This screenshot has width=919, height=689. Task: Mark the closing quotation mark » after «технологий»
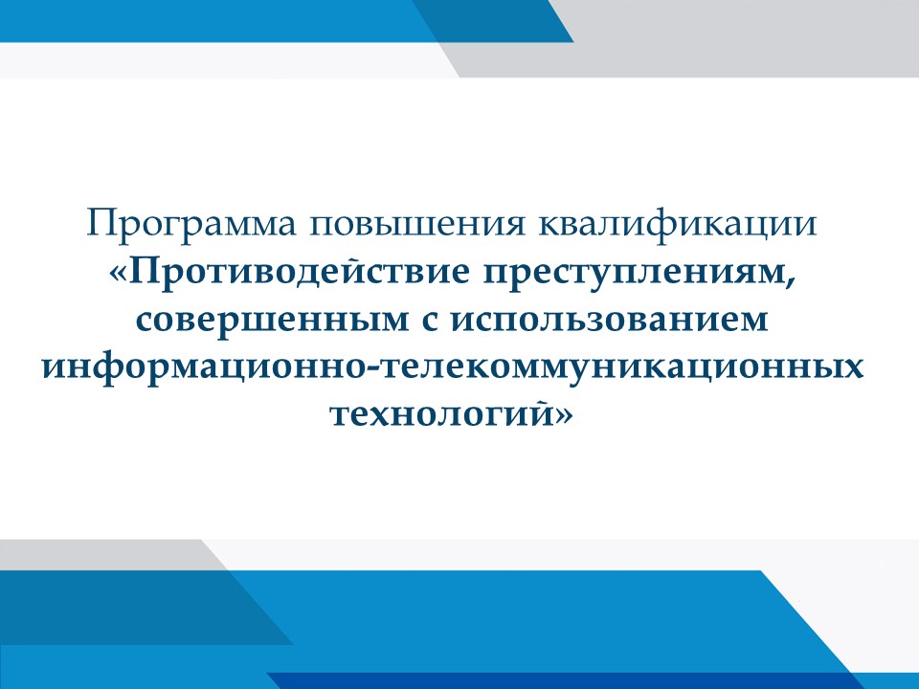562,414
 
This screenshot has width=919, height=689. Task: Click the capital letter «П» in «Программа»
100,223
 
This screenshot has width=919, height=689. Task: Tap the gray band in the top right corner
732,38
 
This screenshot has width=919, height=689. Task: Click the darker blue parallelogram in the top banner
492,21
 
